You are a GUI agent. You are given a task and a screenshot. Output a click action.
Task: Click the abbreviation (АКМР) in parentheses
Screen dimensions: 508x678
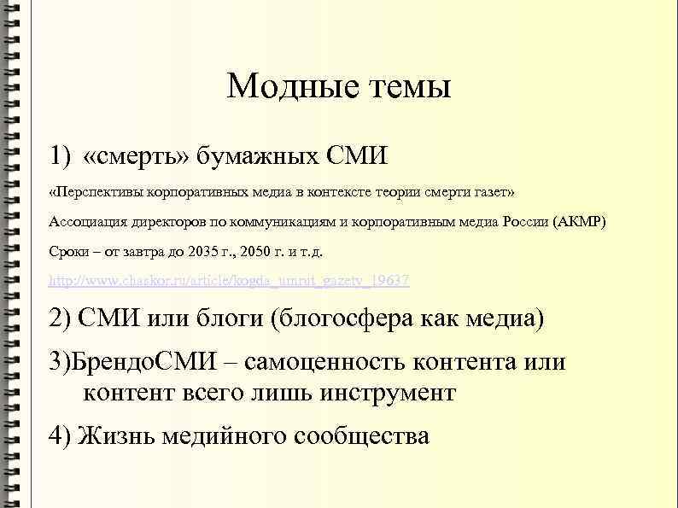click(579, 222)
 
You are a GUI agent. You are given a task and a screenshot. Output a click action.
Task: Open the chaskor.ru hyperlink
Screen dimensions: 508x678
click(229, 281)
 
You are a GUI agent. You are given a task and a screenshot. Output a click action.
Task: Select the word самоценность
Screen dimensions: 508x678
click(323, 362)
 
